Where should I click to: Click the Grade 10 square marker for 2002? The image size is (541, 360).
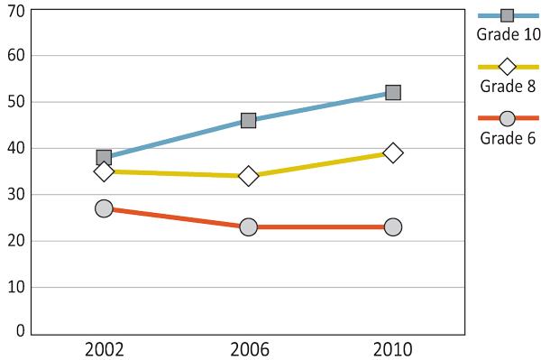[x=104, y=158]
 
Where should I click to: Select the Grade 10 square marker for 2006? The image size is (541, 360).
[x=248, y=120]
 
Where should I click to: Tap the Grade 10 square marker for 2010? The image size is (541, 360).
[x=392, y=92]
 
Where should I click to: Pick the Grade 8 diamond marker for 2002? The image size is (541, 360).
[x=104, y=171]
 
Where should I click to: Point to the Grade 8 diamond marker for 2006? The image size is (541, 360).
[x=248, y=176]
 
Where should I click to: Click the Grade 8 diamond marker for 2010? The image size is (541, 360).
[x=392, y=152]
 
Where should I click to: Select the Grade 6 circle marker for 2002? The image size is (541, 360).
[x=104, y=208]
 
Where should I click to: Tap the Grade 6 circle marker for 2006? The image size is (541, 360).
[x=248, y=227]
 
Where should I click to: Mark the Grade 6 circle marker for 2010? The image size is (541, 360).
[x=392, y=227]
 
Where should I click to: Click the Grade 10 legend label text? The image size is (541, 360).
[x=508, y=35]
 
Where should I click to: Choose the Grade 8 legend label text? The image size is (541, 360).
[x=508, y=87]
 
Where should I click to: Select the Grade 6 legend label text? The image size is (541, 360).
[x=508, y=138]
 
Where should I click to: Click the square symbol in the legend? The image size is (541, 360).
[x=507, y=15]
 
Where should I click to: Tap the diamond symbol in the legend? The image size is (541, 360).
[x=507, y=67]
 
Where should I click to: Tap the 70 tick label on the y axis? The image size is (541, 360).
[x=14, y=10]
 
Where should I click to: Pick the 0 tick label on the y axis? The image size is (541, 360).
[x=19, y=331]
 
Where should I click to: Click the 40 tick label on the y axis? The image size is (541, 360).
[x=14, y=148]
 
